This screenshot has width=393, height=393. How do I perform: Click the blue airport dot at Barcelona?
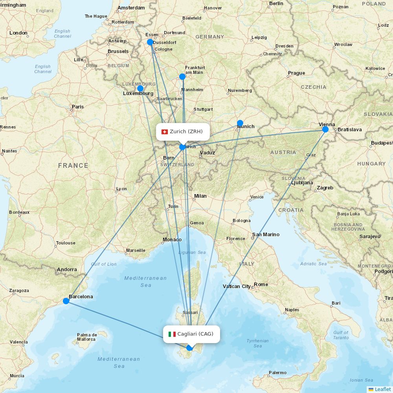66,301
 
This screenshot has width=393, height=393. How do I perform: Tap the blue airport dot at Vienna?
325,129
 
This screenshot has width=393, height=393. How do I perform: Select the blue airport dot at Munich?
240,123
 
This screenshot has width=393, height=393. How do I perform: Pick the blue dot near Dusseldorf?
150,42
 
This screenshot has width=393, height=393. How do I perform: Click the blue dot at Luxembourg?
140,88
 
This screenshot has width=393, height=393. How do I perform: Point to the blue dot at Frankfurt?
182,77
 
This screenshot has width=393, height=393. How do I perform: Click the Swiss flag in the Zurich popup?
165,132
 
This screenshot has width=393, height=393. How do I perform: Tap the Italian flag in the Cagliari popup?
172,334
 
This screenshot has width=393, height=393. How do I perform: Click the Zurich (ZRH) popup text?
186,131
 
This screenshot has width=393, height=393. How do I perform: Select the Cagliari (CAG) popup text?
195,334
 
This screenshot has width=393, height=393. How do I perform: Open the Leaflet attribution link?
383,389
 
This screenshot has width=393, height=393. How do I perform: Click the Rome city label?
261,285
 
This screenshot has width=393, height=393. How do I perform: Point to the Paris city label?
78,107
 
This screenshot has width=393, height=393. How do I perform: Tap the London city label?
18,33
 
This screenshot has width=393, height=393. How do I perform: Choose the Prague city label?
296,73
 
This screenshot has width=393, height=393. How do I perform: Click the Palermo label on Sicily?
277,373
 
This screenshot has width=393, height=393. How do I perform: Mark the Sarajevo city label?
370,237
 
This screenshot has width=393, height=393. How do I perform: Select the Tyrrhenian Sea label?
258,343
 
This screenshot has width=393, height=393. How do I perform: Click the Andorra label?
67,270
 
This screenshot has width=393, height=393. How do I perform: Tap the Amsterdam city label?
131,8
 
